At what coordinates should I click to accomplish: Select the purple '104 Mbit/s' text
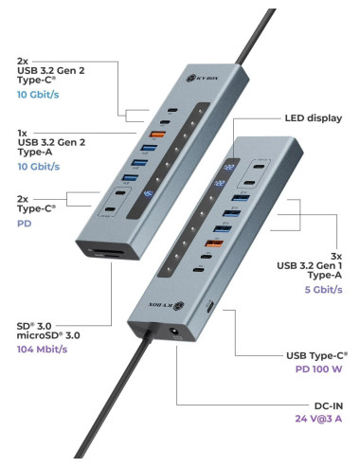click(46, 349)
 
